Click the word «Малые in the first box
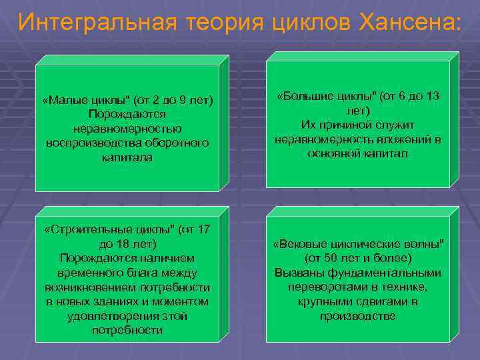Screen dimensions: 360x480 61,101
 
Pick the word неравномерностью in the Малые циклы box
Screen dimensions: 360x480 127,129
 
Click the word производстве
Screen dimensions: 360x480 357,315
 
